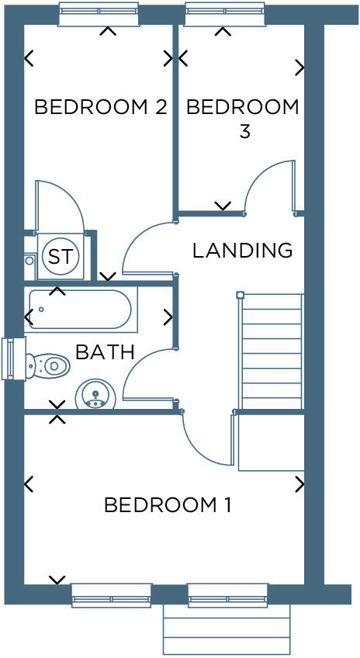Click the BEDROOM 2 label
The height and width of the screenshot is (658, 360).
(101, 107)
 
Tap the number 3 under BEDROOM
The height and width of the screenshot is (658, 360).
(244, 131)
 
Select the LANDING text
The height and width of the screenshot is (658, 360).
(242, 251)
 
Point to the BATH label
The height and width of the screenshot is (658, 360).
(105, 353)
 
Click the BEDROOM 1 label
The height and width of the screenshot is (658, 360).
(168, 505)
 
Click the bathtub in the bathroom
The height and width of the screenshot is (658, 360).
(80, 310)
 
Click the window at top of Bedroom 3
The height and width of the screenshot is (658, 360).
(225, 14)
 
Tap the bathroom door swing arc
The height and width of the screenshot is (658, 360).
(146, 372)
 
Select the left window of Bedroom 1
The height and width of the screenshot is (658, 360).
(111, 594)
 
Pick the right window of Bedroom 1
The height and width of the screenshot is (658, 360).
(227, 594)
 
